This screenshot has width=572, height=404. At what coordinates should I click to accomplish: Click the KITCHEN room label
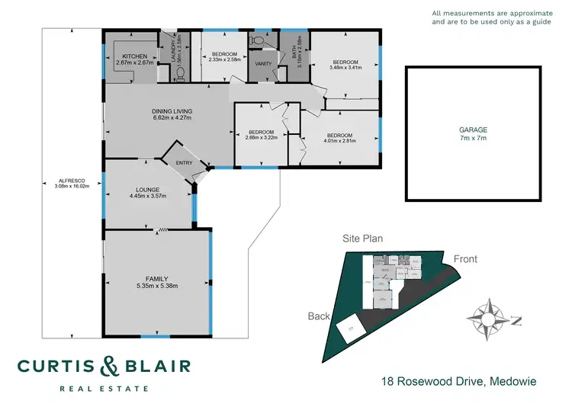pyautogui.click(x=135, y=56)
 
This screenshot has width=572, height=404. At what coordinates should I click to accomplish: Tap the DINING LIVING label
pyautogui.click(x=172, y=111)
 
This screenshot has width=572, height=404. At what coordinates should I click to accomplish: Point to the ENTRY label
pyautogui.click(x=185, y=163)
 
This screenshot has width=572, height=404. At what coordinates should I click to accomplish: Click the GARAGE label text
pyautogui.click(x=473, y=130)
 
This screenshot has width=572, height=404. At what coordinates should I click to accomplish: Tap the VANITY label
pyautogui.click(x=264, y=64)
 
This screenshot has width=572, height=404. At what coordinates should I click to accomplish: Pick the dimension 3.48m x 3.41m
pyautogui.click(x=344, y=67)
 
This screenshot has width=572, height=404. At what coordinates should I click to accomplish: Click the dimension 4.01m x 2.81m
pyautogui.click(x=340, y=140)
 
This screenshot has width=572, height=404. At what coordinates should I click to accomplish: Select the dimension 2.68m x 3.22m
pyautogui.click(x=259, y=138)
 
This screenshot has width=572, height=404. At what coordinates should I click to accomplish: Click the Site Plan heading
pyautogui.click(x=362, y=239)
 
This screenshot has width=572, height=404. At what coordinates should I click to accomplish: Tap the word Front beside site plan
pyautogui.click(x=465, y=259)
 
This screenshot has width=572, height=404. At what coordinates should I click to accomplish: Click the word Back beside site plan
pyautogui.click(x=318, y=316)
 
